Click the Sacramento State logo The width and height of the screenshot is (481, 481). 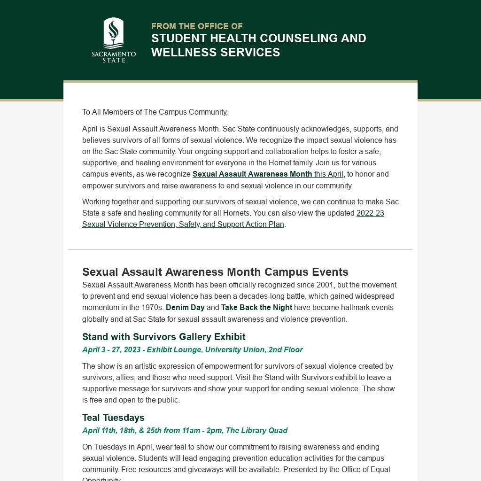[x=114, y=40]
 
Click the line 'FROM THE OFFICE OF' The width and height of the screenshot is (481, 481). [x=197, y=26]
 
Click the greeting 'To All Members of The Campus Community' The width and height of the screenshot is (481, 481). [x=155, y=112]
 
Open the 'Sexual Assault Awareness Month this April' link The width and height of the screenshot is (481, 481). [x=268, y=174]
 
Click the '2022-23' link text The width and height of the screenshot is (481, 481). [x=370, y=213]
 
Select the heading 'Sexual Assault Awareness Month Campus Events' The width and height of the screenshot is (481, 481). [x=215, y=272]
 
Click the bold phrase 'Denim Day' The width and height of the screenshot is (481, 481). [x=185, y=308]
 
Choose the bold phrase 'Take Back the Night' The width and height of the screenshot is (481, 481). [x=256, y=308]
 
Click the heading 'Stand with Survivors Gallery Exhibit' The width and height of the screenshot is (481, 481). [x=163, y=337]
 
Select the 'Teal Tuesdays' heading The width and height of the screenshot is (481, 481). [x=113, y=418]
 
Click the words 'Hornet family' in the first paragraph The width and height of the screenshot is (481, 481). [x=291, y=163]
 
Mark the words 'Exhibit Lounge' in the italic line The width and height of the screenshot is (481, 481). [x=174, y=350]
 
